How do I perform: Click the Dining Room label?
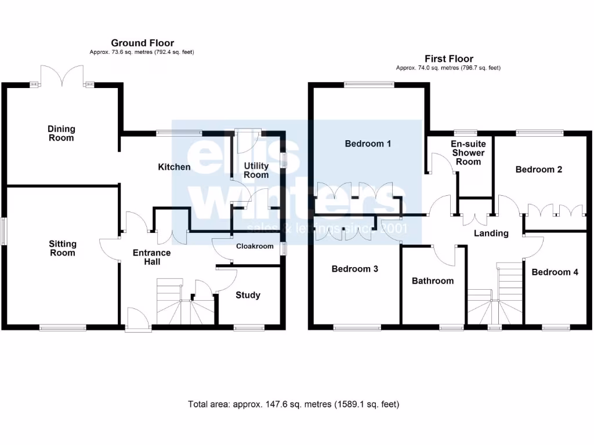point(61,133)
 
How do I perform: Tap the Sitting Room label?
point(62,249)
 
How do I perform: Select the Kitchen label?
point(174,167)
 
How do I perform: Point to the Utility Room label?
point(256,170)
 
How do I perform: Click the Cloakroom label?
point(254,246)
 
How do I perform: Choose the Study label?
point(248,295)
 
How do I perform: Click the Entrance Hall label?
point(151,257)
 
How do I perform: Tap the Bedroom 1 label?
point(368,143)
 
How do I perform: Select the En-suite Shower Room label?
point(468,152)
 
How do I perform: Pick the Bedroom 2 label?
point(539,169)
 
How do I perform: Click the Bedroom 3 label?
point(355,269)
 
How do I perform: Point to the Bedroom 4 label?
point(555,272)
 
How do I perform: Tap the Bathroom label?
point(432,280)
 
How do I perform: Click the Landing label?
point(491,233)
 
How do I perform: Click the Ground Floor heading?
point(142,43)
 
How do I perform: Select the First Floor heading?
point(448,59)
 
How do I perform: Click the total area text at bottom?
point(294,404)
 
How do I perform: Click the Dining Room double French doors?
point(62,78)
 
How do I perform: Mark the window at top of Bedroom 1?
point(369,85)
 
